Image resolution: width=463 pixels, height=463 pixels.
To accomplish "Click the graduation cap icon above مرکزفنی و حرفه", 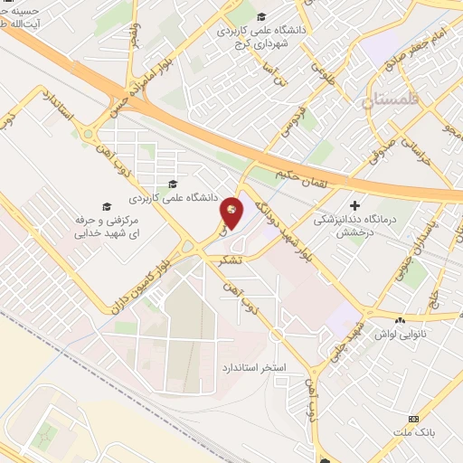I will coord(106,206).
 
